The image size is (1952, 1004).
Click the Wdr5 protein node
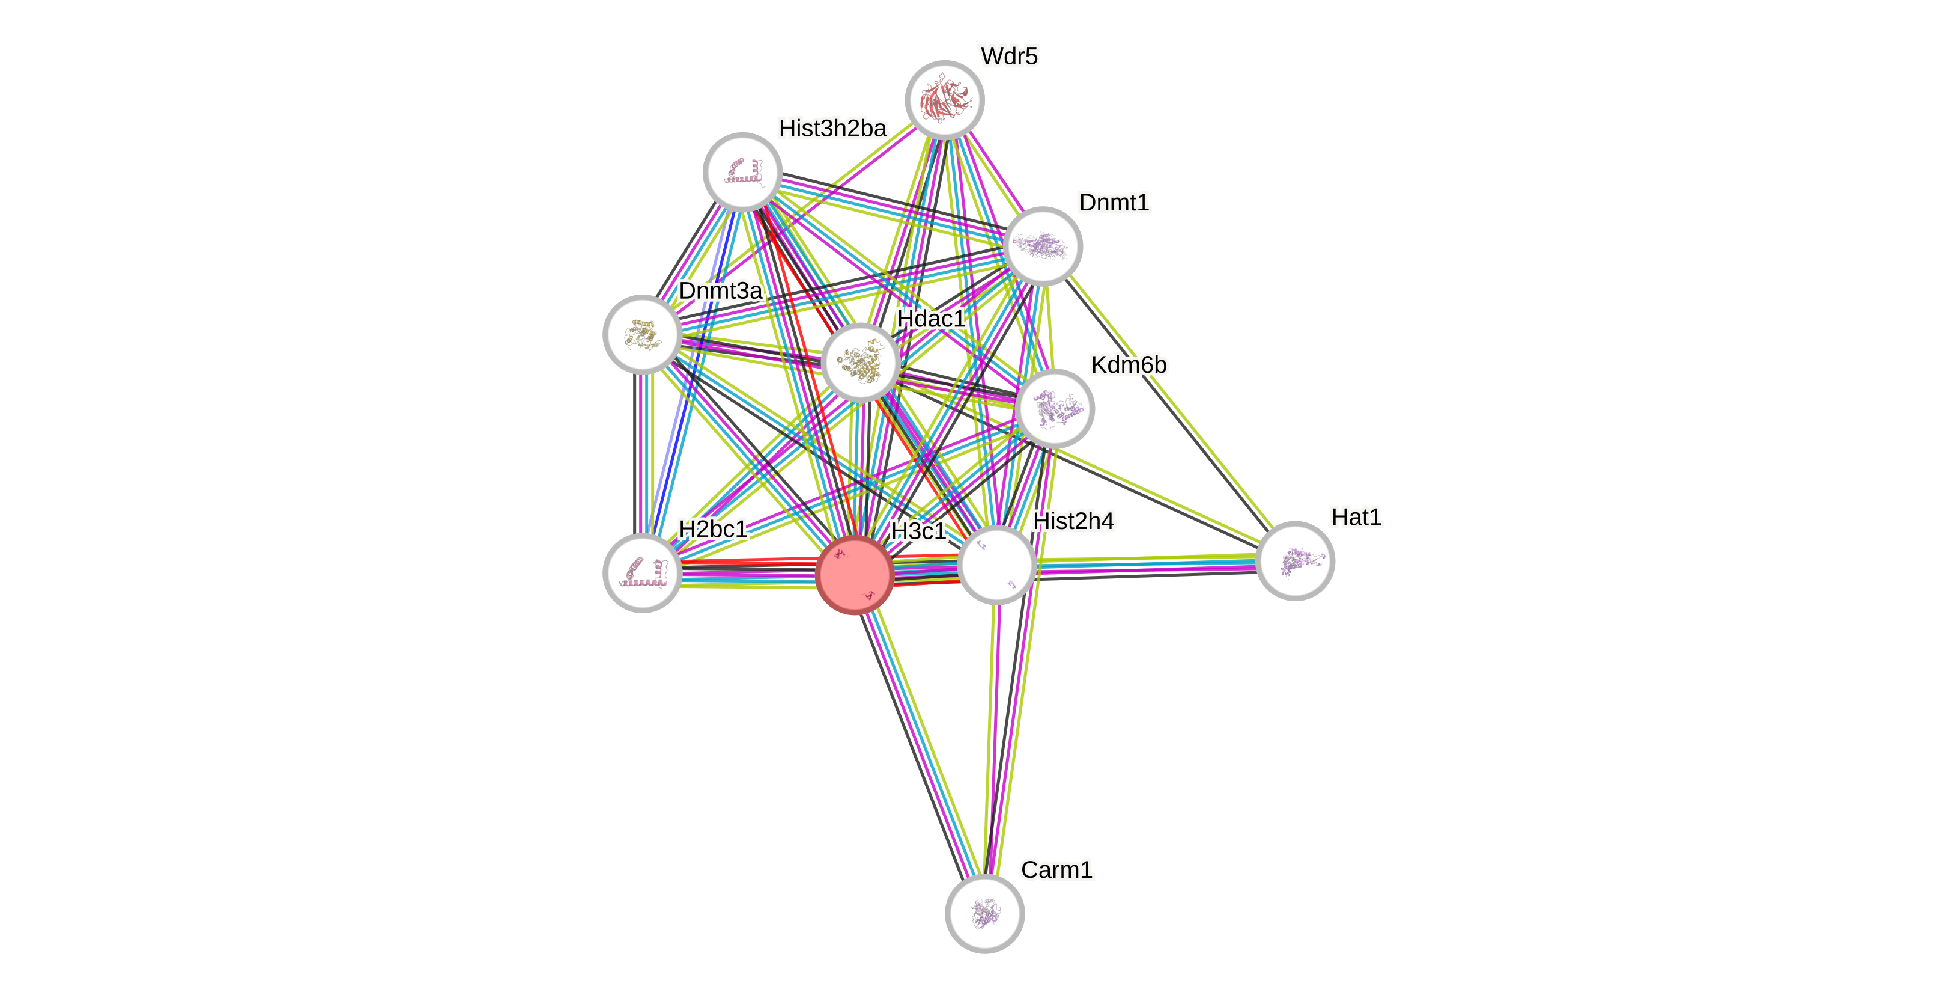(x=944, y=100)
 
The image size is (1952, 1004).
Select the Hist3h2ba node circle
(x=742, y=172)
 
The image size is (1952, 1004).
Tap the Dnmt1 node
(x=1043, y=246)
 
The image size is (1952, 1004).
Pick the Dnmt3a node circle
(x=642, y=334)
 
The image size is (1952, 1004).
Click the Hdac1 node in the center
(x=860, y=363)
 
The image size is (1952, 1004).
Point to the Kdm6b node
(x=1054, y=409)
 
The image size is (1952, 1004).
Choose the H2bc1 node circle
(x=642, y=572)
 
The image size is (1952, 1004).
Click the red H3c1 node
(x=855, y=574)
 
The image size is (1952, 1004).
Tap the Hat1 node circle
(x=1294, y=561)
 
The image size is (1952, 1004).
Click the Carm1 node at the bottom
(x=984, y=913)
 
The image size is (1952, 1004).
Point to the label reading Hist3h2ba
(x=832, y=129)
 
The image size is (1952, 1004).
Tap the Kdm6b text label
(x=1129, y=365)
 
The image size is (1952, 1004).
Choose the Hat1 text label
(x=1356, y=517)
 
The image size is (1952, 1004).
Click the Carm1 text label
(x=1056, y=870)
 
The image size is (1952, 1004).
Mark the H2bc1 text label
(x=712, y=528)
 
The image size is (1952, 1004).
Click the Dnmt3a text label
(x=720, y=290)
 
